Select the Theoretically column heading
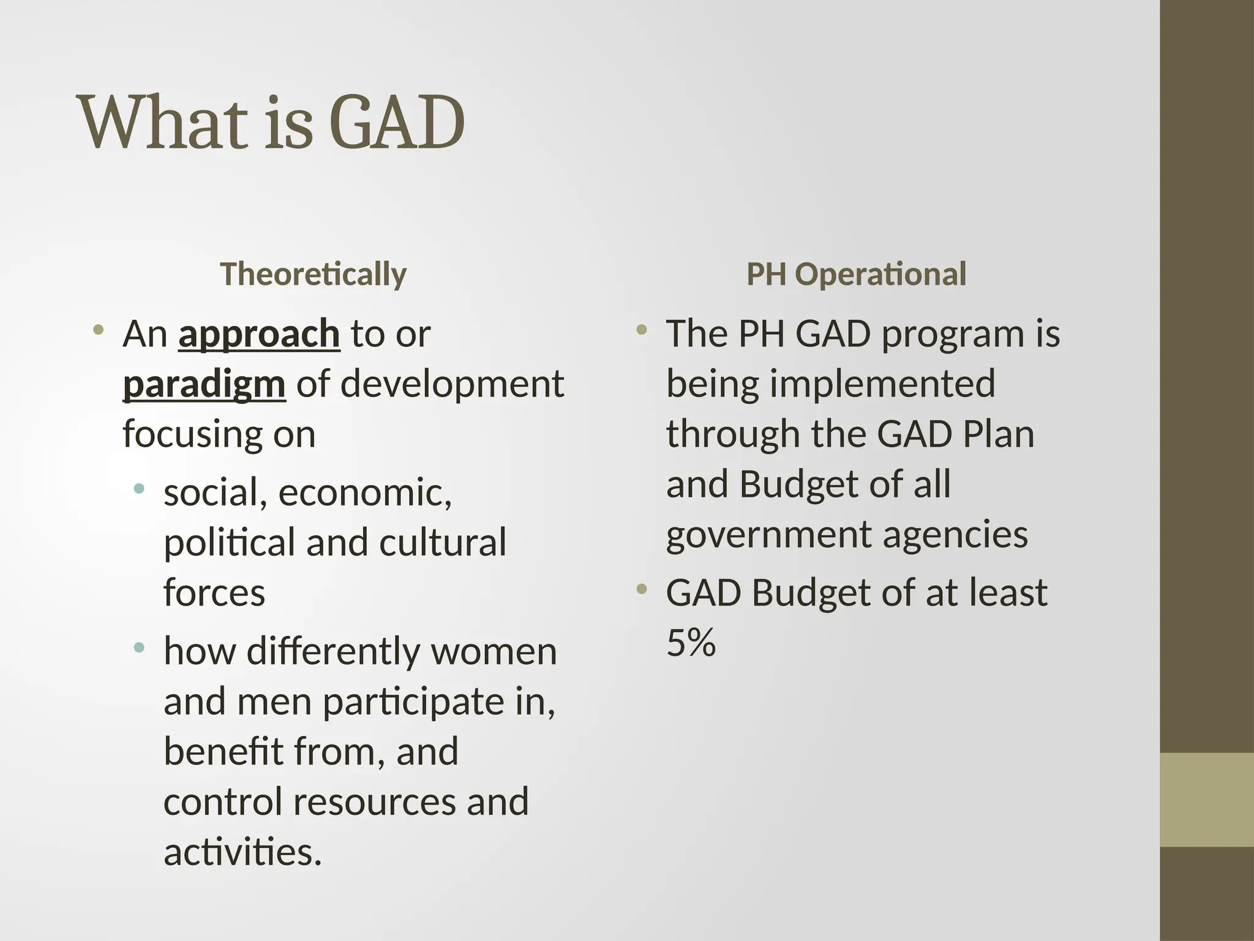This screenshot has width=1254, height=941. (313, 274)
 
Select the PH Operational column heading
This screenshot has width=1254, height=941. (856, 274)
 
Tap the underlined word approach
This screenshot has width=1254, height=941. (259, 334)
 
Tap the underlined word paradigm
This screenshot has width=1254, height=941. (204, 385)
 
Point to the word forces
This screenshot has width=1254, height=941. (214, 592)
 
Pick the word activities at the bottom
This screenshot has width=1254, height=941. (242, 852)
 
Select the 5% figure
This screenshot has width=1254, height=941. (691, 643)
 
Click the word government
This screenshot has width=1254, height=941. (768, 534)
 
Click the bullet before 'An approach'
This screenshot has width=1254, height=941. (98, 331)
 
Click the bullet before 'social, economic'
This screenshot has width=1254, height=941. (139, 489)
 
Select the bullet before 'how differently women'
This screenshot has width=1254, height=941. (139, 647)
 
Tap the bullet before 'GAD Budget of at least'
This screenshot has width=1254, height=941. (641, 589)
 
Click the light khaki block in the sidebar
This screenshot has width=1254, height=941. (1207, 799)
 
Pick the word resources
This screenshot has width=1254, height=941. (375, 801)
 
